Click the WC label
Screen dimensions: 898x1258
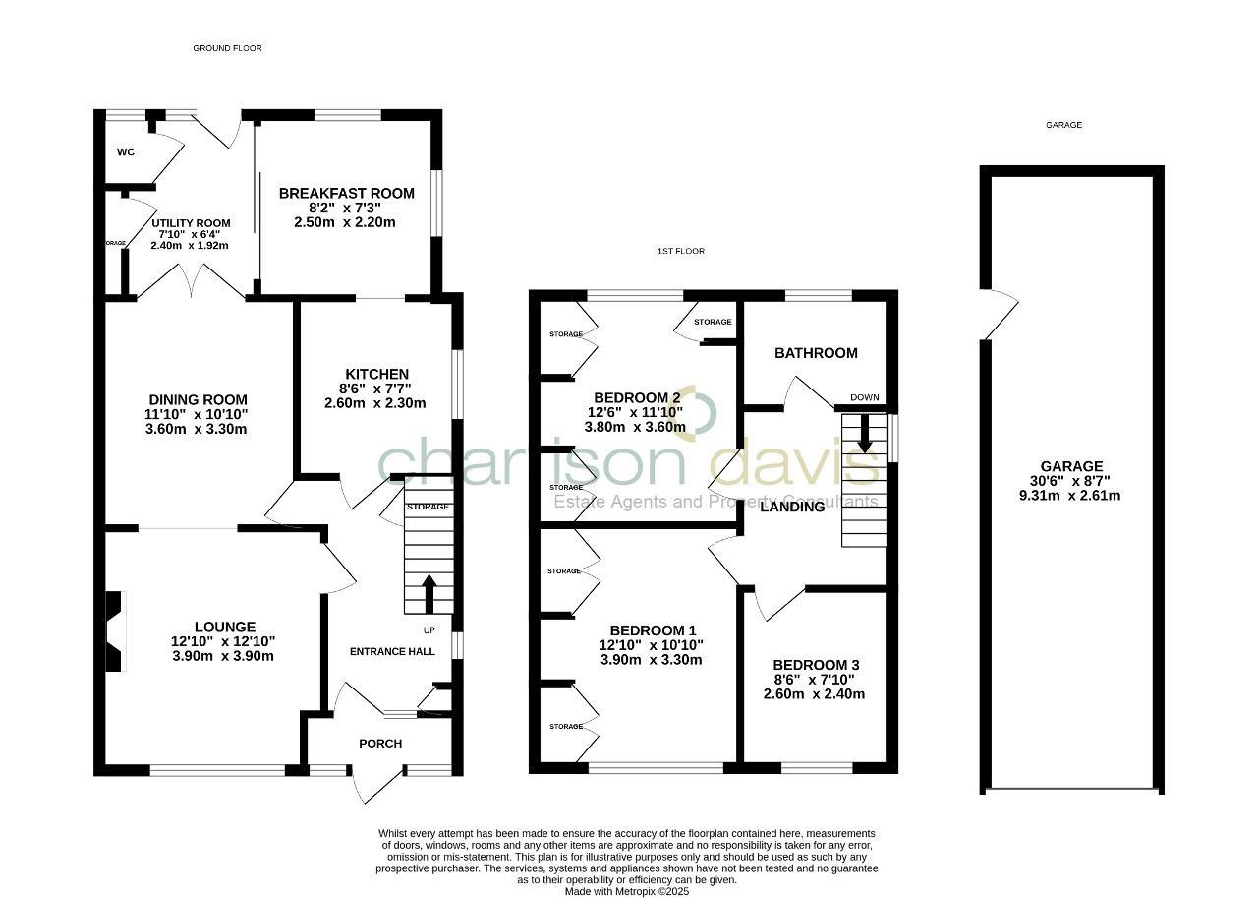(125, 152)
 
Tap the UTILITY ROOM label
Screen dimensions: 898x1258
(191, 223)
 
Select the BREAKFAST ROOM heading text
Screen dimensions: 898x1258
(346, 194)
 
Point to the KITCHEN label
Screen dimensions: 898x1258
(375, 374)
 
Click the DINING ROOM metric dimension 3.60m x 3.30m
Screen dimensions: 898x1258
(196, 429)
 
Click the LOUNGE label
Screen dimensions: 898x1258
(224, 627)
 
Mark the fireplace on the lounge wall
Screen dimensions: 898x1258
(116, 630)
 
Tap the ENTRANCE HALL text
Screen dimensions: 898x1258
(392, 651)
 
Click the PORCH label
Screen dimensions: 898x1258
(380, 744)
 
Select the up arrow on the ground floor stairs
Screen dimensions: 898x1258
(429, 592)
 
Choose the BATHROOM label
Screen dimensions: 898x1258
(816, 353)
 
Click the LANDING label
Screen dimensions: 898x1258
(792, 507)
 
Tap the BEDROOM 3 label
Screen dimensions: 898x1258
(816, 665)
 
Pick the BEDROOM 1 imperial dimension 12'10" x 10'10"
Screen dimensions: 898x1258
(652, 645)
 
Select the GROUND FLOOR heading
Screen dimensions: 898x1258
(227, 48)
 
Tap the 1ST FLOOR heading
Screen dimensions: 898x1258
(680, 251)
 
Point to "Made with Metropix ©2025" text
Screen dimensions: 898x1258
(627, 892)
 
